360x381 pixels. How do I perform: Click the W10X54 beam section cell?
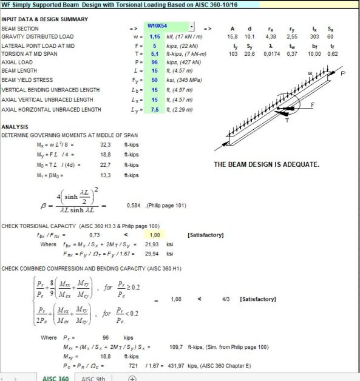(165, 27)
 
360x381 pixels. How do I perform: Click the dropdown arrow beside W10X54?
(191, 27)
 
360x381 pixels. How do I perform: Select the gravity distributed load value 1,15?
(155, 36)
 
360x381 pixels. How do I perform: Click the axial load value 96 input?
(154, 62)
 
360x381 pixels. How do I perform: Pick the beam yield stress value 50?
(154, 79)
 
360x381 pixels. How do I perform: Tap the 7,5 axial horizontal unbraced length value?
(154, 109)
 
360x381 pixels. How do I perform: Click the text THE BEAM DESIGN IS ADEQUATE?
(267, 164)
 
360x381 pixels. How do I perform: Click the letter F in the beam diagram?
(313, 104)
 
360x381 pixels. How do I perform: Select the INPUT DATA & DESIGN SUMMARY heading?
(44, 19)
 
